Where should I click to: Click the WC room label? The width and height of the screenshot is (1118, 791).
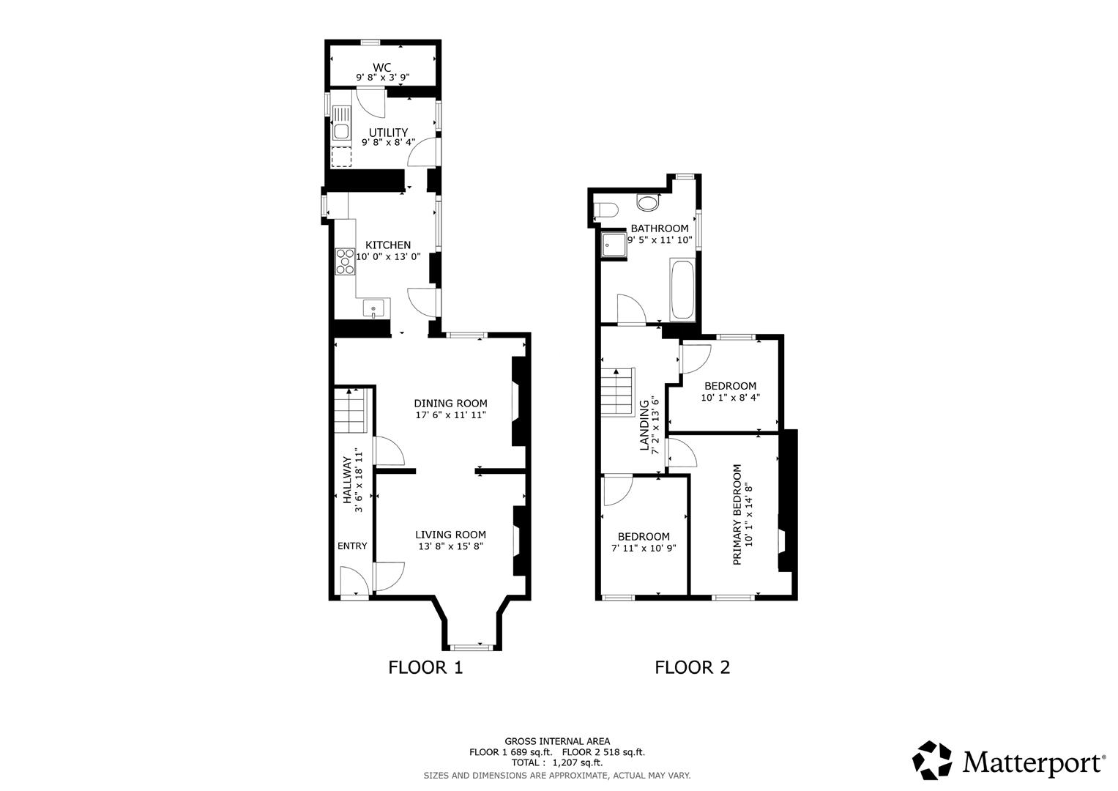pyautogui.click(x=382, y=67)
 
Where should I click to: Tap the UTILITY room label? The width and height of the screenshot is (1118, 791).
pyautogui.click(x=388, y=133)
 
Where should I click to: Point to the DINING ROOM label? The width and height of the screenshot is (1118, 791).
pyautogui.click(x=450, y=404)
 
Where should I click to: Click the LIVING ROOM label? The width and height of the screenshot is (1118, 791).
pyautogui.click(x=450, y=535)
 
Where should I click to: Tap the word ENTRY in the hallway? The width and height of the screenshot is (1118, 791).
pyautogui.click(x=352, y=546)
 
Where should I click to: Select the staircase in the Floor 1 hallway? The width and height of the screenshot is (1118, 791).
pyautogui.click(x=349, y=411)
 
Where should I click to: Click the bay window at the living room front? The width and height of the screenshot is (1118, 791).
pyautogui.click(x=472, y=647)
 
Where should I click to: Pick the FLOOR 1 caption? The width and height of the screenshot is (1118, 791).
pyautogui.click(x=425, y=667)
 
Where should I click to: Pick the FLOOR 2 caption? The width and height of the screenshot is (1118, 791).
pyautogui.click(x=692, y=667)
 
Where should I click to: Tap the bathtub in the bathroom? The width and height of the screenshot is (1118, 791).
pyautogui.click(x=682, y=290)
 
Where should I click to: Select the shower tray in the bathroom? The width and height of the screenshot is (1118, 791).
pyautogui.click(x=613, y=247)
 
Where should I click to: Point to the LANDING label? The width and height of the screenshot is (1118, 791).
pyautogui.click(x=645, y=425)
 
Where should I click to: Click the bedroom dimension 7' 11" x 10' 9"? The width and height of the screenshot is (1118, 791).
pyautogui.click(x=643, y=548)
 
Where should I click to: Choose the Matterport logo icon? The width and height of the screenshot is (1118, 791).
pyautogui.click(x=932, y=760)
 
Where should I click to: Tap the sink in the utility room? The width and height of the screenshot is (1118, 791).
pyautogui.click(x=341, y=131)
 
